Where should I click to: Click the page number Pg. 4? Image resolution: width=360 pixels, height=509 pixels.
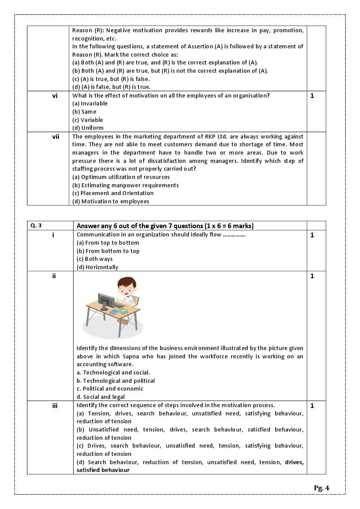[x=321, y=488]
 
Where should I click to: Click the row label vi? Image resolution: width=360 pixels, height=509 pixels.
[x=55, y=96]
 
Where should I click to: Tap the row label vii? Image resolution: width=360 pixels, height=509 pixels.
[x=56, y=137]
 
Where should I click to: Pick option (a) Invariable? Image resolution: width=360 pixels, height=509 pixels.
[x=90, y=104]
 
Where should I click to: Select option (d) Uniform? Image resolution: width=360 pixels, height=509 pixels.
[x=88, y=128]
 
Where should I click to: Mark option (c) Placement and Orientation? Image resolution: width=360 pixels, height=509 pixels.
[x=113, y=193]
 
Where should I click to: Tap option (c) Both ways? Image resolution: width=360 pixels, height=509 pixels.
[x=94, y=259]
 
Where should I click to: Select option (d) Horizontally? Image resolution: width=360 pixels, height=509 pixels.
[x=97, y=267]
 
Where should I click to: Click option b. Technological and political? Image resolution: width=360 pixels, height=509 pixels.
[x=116, y=381]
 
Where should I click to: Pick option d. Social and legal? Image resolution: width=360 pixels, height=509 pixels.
[x=101, y=397]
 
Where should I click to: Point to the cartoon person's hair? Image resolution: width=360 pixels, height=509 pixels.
[x=126, y=283]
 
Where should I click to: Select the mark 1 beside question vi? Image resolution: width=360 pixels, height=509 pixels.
[x=312, y=96]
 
